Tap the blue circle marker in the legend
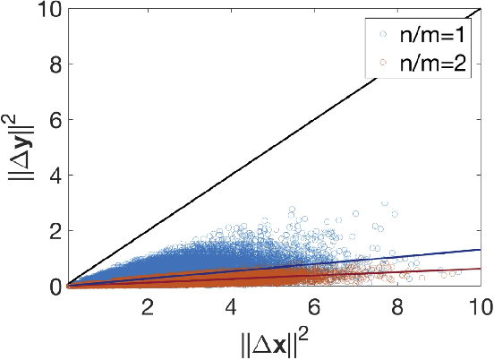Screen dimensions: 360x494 [384, 37]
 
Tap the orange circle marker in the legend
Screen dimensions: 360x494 [384, 64]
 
